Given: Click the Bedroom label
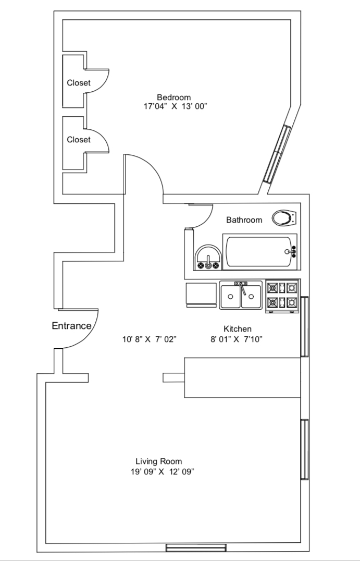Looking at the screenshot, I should coord(173,97).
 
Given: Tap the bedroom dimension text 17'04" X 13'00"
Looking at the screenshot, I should coord(175,106).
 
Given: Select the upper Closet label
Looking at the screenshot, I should coord(78,83).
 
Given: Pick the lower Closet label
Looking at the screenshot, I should coord(78,140).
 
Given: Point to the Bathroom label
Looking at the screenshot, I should coord(244,220).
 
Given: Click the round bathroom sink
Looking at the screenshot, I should coord(208,258).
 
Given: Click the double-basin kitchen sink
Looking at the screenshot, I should coord(241,296).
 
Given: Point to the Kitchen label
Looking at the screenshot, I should coord(238,329).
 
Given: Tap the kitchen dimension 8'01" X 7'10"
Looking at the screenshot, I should coord(236,339).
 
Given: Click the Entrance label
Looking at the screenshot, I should coord(71,326).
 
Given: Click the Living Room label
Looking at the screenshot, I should coord(158,461).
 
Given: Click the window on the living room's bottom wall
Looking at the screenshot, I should coord(195,547).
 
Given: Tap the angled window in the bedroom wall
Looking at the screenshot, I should coord(277,154).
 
